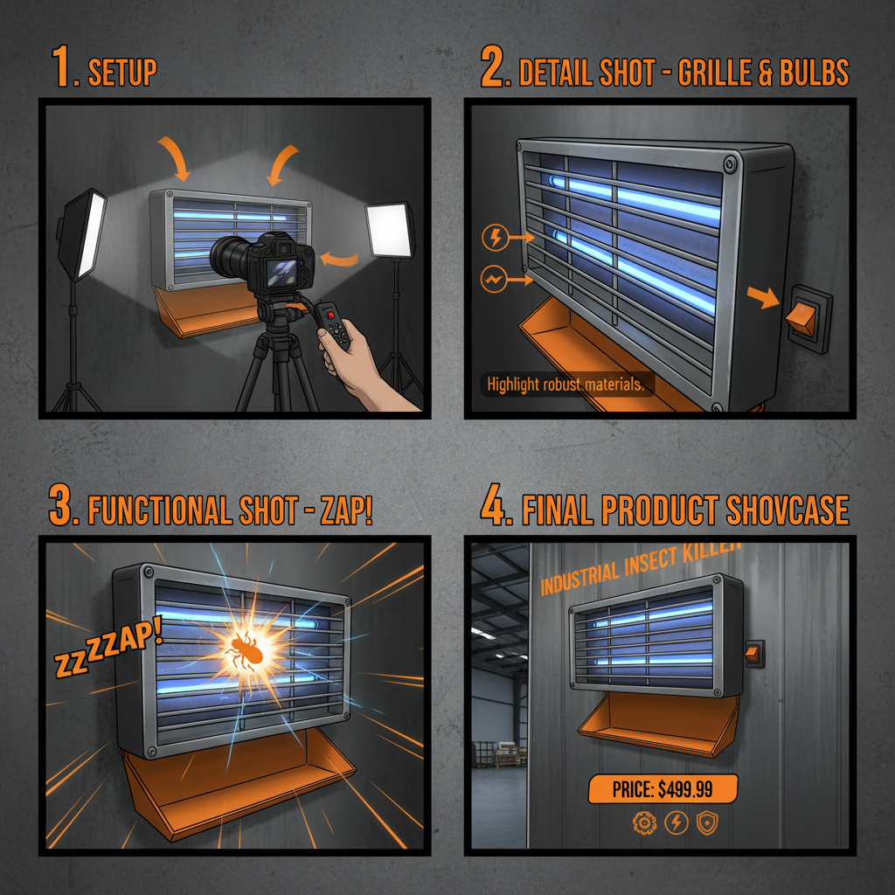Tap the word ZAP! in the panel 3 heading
click(346, 510)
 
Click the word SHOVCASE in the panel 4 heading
click(787, 510)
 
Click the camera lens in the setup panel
click(228, 258)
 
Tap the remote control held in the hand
click(333, 325)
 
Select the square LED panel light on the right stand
click(390, 230)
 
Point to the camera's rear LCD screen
click(282, 273)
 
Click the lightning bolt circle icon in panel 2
click(495, 238)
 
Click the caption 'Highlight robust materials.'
click(565, 385)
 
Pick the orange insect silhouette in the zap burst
click(245, 651)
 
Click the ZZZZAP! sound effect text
click(108, 647)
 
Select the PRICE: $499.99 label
click(663, 789)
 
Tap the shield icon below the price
click(707, 823)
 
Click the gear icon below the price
click(644, 823)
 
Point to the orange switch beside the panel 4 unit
click(753, 654)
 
